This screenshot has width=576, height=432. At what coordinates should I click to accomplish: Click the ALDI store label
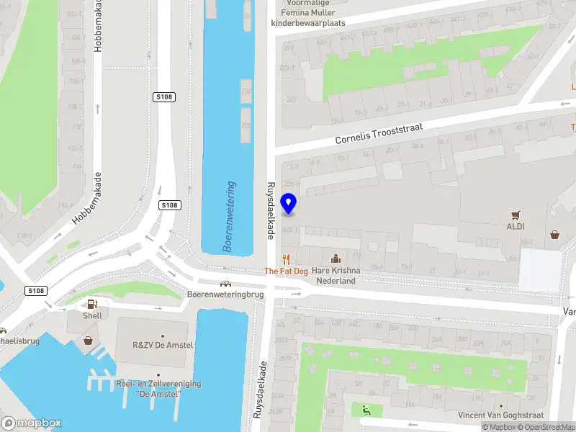pos(515,226)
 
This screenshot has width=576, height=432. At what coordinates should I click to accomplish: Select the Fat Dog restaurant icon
pos(286,258)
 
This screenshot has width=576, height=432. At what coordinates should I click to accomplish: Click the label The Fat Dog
pos(286,271)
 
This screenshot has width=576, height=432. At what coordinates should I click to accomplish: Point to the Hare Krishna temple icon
pos(336,258)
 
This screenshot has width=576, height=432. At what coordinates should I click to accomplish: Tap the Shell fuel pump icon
pos(91,304)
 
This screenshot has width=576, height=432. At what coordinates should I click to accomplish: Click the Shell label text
pos(92,315)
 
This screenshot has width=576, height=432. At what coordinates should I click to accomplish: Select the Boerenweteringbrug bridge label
pos(225,294)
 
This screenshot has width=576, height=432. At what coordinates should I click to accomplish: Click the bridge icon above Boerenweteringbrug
pos(225,284)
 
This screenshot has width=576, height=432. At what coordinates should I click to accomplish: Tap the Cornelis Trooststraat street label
pos(378,132)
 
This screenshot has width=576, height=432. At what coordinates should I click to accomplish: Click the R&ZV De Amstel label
pos(163,345)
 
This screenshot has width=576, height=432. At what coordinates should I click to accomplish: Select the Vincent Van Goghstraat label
pos(500,415)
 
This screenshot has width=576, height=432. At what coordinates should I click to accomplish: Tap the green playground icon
pos(366,410)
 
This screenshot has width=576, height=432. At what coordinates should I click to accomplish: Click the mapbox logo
pos(31,423)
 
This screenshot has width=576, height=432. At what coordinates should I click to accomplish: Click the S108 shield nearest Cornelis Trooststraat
pos(165,96)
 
